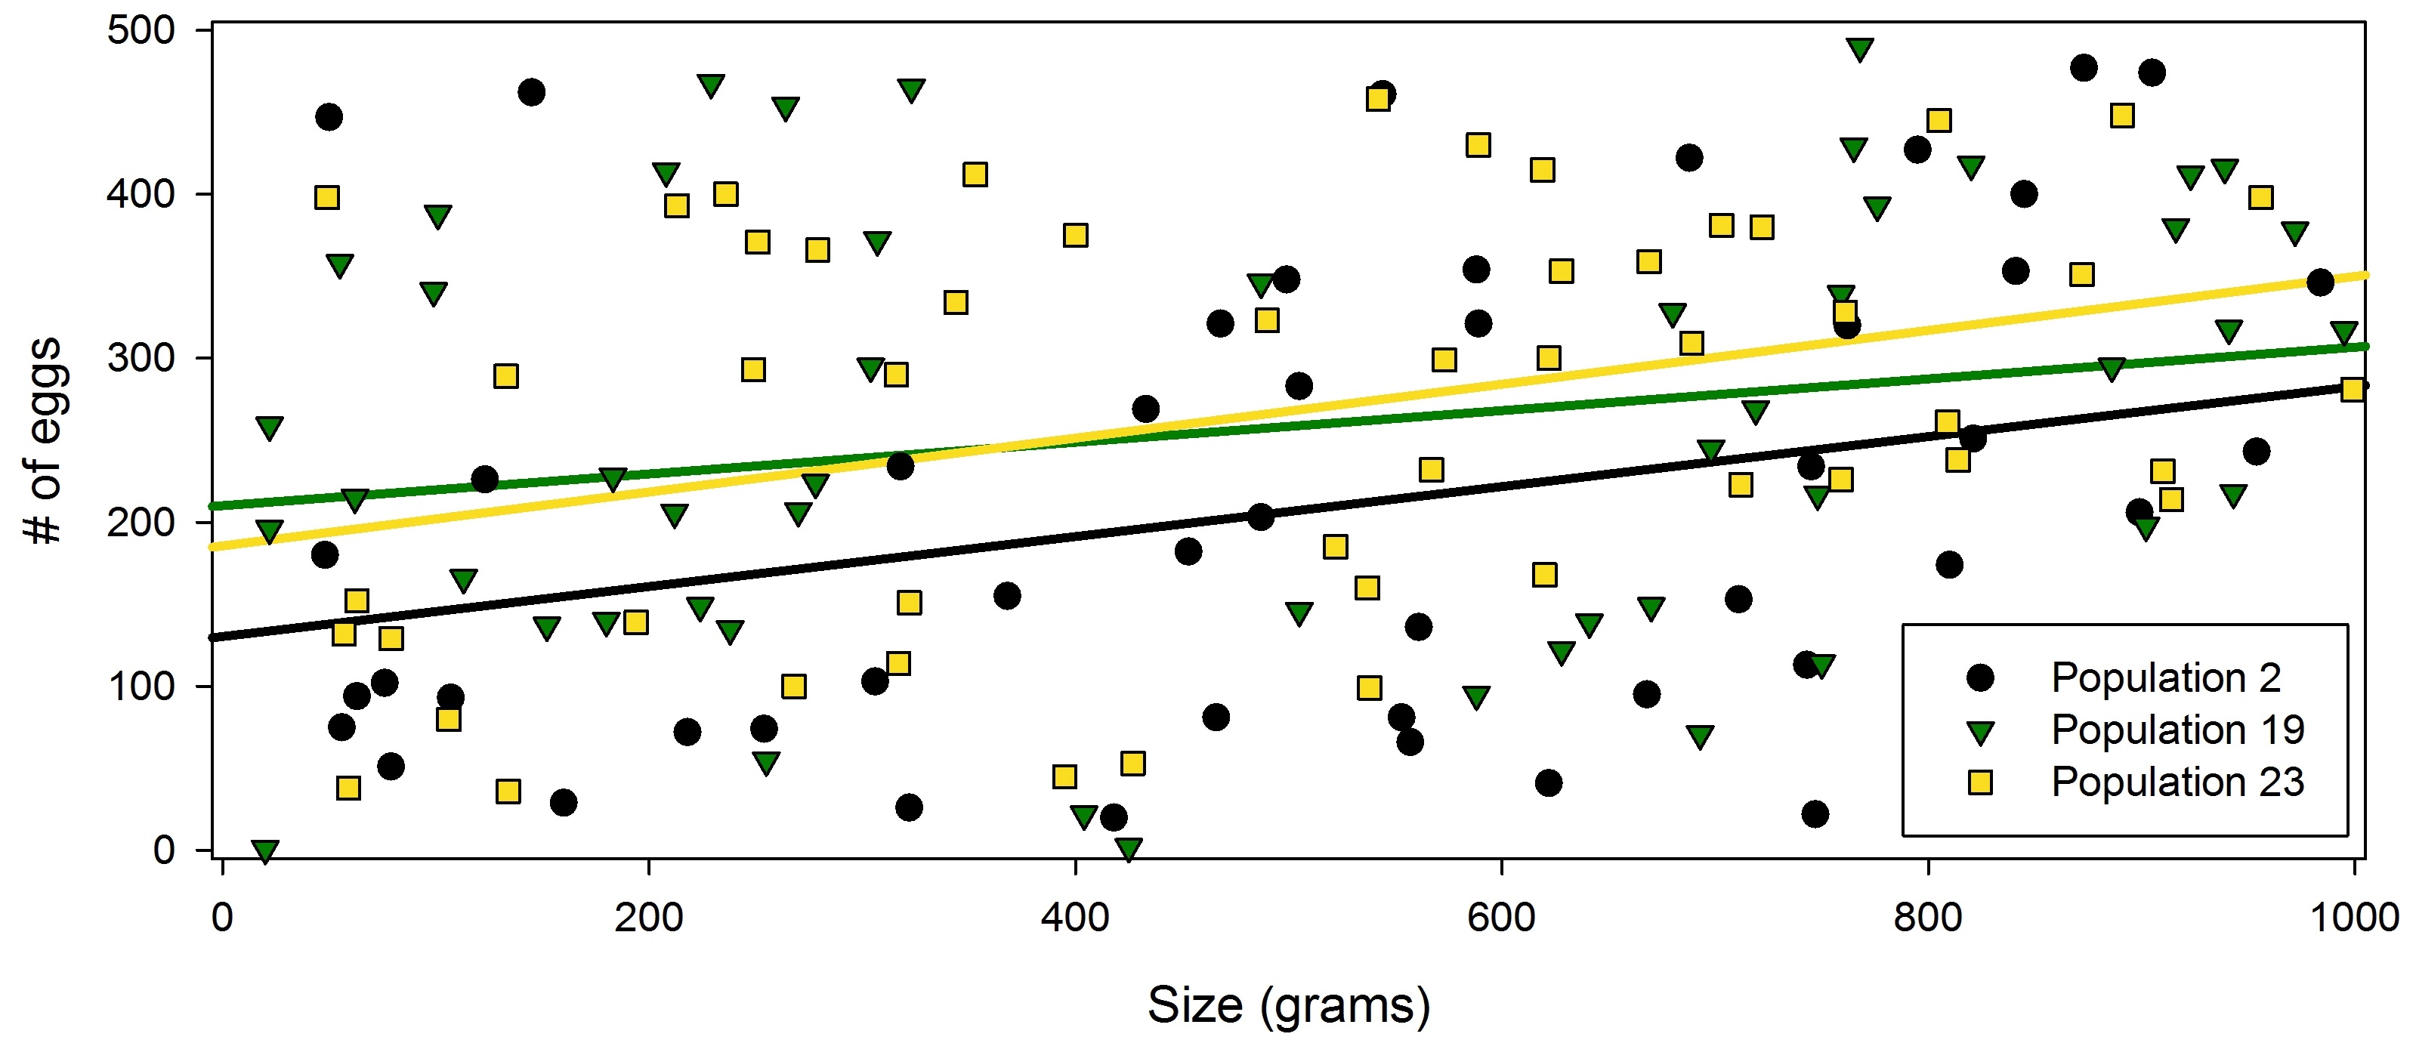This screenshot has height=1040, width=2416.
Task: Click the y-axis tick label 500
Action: click(141, 30)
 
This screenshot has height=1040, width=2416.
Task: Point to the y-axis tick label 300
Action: click(141, 358)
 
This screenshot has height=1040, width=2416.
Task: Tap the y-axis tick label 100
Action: click(141, 687)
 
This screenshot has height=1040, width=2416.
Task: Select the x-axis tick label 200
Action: click(648, 917)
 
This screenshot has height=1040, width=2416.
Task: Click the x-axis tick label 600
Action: click(1502, 917)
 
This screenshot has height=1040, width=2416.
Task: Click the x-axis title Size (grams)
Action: click(1289, 1005)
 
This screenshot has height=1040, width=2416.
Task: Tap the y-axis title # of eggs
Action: click(43, 441)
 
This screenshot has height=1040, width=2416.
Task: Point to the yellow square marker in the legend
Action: click(1980, 782)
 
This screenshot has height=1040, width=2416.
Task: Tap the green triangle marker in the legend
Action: click(1980, 731)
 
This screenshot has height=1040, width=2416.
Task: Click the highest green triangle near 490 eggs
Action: click(1860, 49)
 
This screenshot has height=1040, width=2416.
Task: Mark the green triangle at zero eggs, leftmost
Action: click(265, 850)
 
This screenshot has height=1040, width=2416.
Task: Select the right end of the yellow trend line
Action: click(2365, 275)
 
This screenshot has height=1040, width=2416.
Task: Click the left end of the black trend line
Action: click(214, 637)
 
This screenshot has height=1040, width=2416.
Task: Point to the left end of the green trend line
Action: click(214, 506)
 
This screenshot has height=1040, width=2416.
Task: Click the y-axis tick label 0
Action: click(164, 850)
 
